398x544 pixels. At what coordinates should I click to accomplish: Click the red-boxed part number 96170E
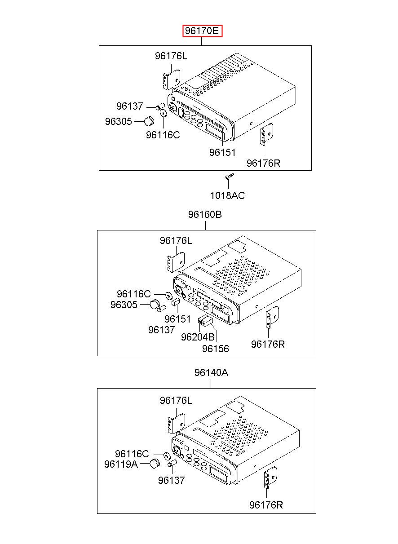tap(202, 31)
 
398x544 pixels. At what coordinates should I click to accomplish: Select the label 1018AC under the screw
tap(227, 195)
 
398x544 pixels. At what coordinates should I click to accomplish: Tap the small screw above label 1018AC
tap(229, 176)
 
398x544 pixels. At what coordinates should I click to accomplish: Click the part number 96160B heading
tap(205, 214)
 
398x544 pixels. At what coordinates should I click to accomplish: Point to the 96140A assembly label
tap(211, 372)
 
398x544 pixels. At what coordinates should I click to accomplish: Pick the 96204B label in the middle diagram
tap(198, 337)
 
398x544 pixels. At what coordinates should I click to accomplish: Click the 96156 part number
tap(215, 349)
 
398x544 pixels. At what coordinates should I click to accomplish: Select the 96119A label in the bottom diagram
tap(121, 464)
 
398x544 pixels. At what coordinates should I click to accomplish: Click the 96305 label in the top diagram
tap(118, 121)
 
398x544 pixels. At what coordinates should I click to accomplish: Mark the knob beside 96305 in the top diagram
tap(149, 121)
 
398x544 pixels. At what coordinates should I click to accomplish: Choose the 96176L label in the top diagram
tap(171, 56)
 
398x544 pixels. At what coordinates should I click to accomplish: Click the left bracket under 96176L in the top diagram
tap(172, 79)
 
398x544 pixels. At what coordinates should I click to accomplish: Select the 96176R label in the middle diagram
tap(268, 344)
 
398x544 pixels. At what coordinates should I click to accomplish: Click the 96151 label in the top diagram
tap(222, 153)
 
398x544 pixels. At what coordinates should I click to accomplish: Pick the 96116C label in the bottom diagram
tap(132, 453)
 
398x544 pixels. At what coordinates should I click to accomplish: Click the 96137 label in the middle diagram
tap(161, 330)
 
